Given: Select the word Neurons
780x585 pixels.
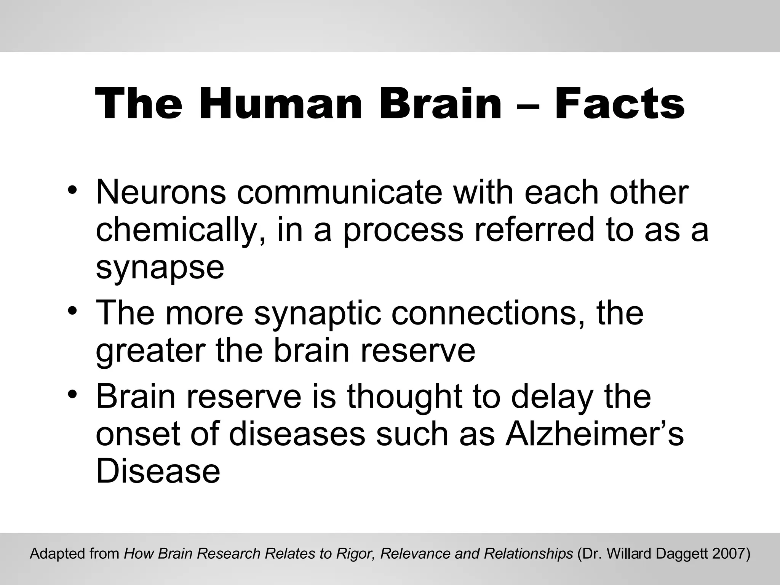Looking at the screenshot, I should [x=161, y=192].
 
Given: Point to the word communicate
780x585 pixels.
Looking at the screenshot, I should [x=339, y=192].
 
